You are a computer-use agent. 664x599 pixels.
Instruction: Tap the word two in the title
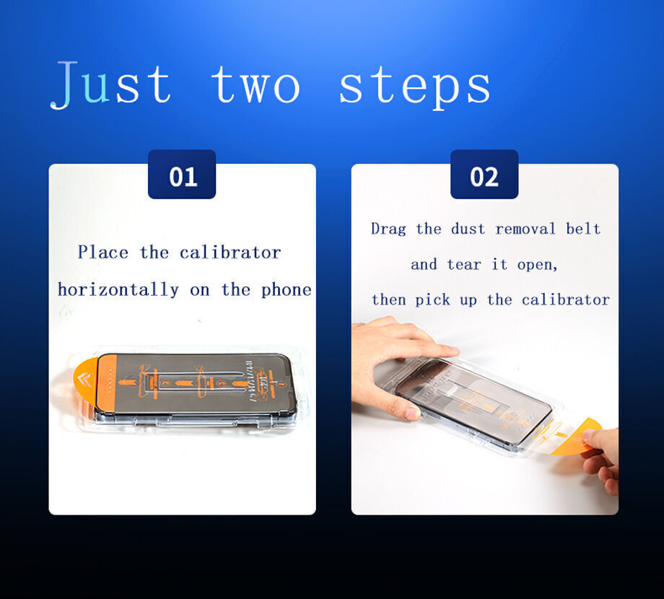pos(255,85)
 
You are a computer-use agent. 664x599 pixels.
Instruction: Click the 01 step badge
pos(182,175)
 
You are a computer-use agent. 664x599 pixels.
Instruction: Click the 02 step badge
pos(484,175)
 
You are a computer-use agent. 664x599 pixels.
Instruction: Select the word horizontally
pos(118,290)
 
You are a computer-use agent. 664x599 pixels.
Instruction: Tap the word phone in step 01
pos(287,290)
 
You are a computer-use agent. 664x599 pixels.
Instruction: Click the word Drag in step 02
pos(389,229)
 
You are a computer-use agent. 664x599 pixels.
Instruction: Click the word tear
pos(465,264)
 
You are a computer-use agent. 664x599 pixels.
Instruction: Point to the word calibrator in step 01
pos(230,253)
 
